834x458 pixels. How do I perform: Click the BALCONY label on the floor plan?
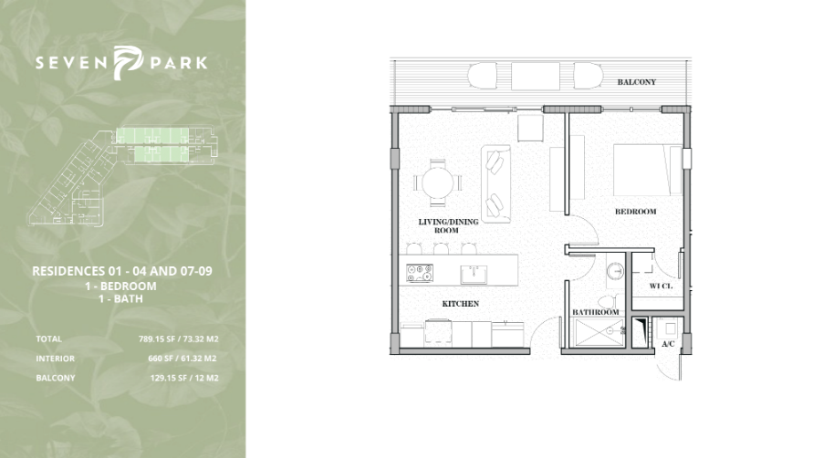pos(636,82)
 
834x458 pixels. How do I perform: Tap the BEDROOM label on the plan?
pos(636,211)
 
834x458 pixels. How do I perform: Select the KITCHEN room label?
pos(461,304)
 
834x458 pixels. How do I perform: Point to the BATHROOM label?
pos(596,312)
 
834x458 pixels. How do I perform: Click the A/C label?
pos(668,344)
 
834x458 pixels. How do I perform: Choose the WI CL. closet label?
pos(661,286)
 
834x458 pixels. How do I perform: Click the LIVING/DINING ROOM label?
pos(448,226)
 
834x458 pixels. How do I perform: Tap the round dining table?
pos(438,182)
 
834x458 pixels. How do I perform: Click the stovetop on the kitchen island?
pos(420,273)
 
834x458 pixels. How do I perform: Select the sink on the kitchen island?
pos(474,274)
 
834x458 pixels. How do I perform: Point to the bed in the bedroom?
pos(648,170)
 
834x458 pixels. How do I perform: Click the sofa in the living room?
pos(495,184)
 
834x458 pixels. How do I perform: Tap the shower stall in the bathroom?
pos(599,332)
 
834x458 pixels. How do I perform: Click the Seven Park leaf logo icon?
pos(128,63)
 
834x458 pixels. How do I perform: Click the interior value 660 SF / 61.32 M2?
pos(182,359)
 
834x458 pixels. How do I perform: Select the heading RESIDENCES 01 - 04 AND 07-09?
pos(121,271)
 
